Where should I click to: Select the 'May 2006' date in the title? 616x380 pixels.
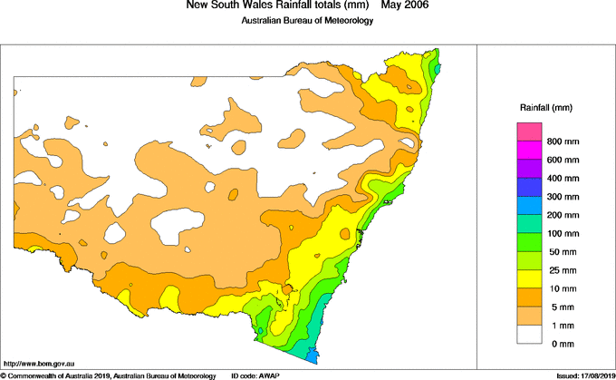coord(405,5)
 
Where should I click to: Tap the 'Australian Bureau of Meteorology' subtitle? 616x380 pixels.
coord(307,21)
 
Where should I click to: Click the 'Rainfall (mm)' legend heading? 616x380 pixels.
coord(545,107)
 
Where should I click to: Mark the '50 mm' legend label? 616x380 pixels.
coord(560,251)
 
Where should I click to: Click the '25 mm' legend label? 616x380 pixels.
coord(560,269)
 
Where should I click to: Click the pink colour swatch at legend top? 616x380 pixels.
coord(528,132)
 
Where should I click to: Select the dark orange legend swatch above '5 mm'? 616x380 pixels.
coord(528,297)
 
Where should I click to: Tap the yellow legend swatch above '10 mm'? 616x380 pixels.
coord(528,278)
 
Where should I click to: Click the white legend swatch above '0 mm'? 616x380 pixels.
coord(528,333)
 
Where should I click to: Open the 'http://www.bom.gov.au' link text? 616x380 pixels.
coord(39,362)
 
